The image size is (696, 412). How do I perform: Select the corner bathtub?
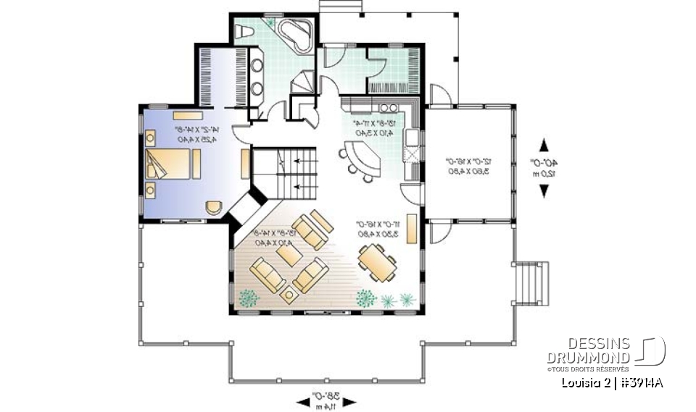point(294,34)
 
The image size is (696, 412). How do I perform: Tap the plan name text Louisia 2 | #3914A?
point(613,383)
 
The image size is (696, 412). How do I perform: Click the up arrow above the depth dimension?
point(544,144)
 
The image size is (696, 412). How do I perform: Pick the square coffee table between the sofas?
point(289,293)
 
